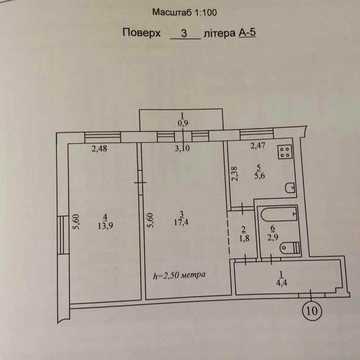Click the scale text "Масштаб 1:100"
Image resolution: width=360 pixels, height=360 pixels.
(185, 13)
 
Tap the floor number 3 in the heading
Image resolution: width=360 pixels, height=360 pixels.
(183, 33)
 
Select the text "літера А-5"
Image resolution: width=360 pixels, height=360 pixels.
(231, 33)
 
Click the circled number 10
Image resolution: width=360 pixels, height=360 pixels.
(311, 311)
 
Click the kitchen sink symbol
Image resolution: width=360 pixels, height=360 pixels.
(290, 188)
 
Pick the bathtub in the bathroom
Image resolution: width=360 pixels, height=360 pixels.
(279, 213)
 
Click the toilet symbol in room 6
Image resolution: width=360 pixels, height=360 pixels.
(290, 248)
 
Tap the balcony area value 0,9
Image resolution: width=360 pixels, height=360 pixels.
(183, 123)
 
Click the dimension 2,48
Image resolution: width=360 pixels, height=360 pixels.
(99, 149)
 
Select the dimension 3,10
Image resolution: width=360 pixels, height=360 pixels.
(182, 149)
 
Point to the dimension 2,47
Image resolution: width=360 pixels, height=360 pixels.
(257, 146)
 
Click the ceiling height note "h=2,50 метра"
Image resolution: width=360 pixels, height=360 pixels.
(179, 276)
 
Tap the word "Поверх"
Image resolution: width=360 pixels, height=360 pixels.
(142, 33)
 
